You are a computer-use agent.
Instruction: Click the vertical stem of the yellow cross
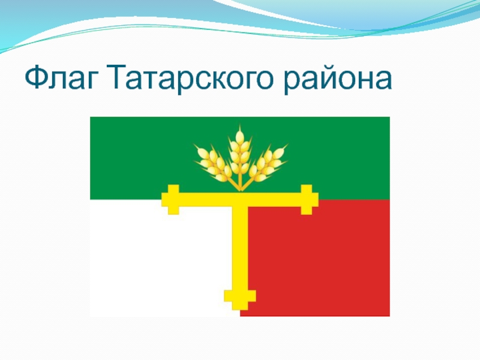point(240,252)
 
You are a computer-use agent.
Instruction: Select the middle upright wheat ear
point(240,150)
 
